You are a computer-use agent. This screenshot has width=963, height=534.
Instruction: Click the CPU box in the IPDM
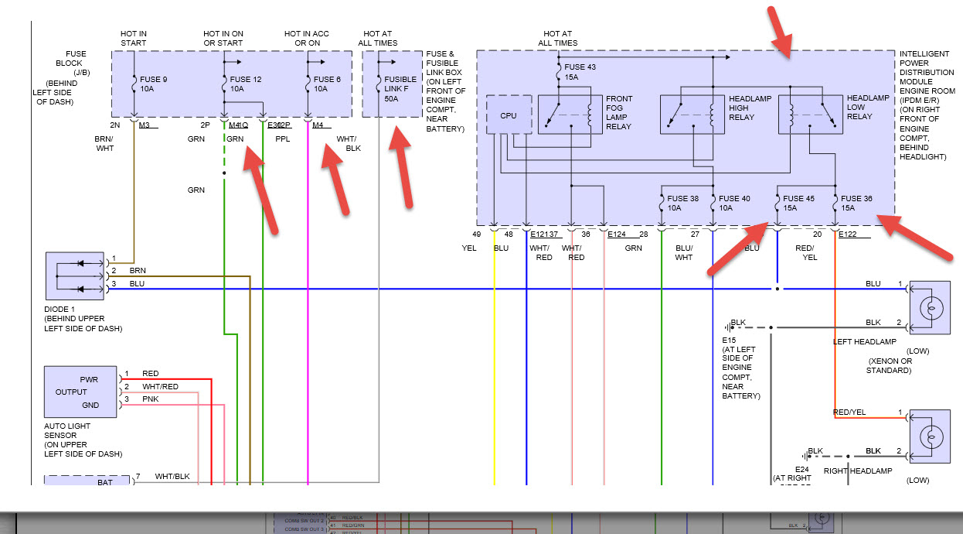pos(509,115)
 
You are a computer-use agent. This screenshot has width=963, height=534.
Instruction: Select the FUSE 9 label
pos(154,79)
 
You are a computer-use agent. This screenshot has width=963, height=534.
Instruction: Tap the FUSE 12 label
pos(246,79)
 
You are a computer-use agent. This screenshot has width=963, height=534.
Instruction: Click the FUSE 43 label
pos(581,67)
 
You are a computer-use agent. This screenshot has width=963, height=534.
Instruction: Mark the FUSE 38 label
pos(683,199)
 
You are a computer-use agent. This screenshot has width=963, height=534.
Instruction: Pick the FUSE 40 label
pos(734,199)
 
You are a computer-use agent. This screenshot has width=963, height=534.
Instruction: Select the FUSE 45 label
pos(798,199)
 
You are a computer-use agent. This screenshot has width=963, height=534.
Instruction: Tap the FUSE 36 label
pos(857,199)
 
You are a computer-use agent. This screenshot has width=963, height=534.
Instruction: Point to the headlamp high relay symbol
pos(691,115)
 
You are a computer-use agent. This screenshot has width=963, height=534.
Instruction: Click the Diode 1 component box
pos(74,276)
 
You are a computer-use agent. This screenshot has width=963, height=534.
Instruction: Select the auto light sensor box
pos(80,392)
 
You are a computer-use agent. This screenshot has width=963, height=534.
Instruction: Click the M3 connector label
pos(145,124)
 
